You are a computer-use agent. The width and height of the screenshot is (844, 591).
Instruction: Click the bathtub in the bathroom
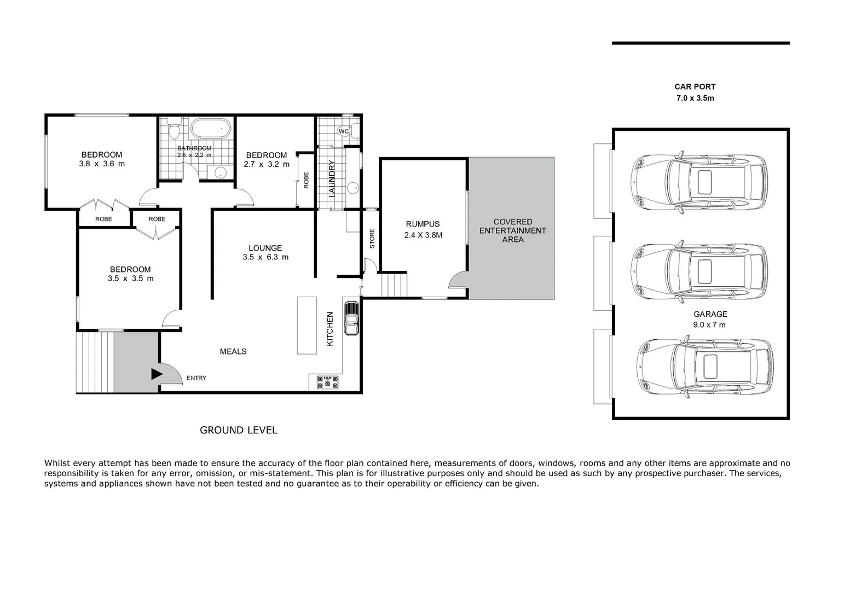pyautogui.click(x=210, y=129)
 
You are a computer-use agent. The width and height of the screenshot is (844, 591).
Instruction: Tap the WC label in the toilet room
pyautogui.click(x=344, y=131)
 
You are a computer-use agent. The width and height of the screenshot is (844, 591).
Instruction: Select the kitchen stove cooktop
pyautogui.click(x=327, y=381)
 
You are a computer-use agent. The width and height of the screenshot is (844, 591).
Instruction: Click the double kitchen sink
pyautogui.click(x=350, y=318)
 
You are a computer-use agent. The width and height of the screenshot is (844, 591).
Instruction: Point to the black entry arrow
pyautogui.click(x=157, y=374)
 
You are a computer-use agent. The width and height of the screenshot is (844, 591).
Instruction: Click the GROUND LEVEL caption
pyautogui.click(x=238, y=430)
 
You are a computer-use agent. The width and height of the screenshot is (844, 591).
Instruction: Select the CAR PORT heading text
pyautogui.click(x=695, y=86)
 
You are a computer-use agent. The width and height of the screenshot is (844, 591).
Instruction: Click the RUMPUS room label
pyautogui.click(x=423, y=224)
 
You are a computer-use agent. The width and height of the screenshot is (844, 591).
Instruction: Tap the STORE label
pyautogui.click(x=372, y=239)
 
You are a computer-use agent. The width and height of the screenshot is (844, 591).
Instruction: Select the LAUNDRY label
pyautogui.click(x=331, y=178)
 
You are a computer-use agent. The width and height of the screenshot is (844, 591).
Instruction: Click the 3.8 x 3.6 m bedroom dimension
pyautogui.click(x=102, y=164)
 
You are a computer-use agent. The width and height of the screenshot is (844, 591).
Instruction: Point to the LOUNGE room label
pyautogui.click(x=265, y=248)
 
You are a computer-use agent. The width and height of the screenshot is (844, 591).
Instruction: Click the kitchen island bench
pyautogui.click(x=307, y=325)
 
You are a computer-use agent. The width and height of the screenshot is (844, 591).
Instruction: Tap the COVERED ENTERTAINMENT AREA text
pyautogui.click(x=512, y=230)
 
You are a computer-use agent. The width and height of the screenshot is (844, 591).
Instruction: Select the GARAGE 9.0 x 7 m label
pyautogui.click(x=710, y=319)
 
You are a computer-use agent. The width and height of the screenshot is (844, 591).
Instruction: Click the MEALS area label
pyautogui.click(x=233, y=351)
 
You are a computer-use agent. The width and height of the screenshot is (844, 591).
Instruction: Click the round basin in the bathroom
pyautogui.click(x=220, y=173)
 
